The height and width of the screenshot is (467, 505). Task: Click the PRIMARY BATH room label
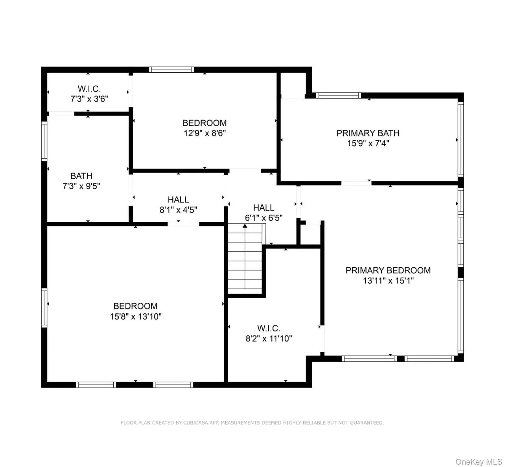click(x=368, y=133)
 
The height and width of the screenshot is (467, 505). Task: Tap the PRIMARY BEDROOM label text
click(x=388, y=270)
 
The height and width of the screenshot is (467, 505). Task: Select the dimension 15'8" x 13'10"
click(x=136, y=316)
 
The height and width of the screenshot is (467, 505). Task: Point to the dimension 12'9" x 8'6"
click(x=205, y=133)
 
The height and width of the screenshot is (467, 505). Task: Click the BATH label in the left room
click(x=81, y=176)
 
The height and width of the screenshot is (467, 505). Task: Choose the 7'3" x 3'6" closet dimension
click(x=89, y=99)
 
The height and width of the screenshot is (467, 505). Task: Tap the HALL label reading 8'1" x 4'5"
click(x=178, y=200)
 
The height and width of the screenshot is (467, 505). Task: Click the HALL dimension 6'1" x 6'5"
click(x=264, y=218)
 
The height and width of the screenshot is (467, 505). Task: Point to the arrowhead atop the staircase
click(x=245, y=226)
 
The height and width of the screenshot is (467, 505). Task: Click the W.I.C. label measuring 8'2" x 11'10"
click(x=269, y=328)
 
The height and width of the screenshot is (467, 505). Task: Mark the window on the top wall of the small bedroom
click(x=171, y=70)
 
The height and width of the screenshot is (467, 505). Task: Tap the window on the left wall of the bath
click(x=44, y=141)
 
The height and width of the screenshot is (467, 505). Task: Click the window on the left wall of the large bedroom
click(x=44, y=308)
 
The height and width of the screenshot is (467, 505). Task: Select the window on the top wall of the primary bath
click(x=339, y=96)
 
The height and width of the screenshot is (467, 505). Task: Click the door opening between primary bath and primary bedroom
click(x=356, y=183)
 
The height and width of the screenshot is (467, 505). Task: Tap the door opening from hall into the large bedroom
click(x=183, y=224)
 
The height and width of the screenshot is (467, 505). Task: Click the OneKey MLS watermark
click(x=478, y=461)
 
